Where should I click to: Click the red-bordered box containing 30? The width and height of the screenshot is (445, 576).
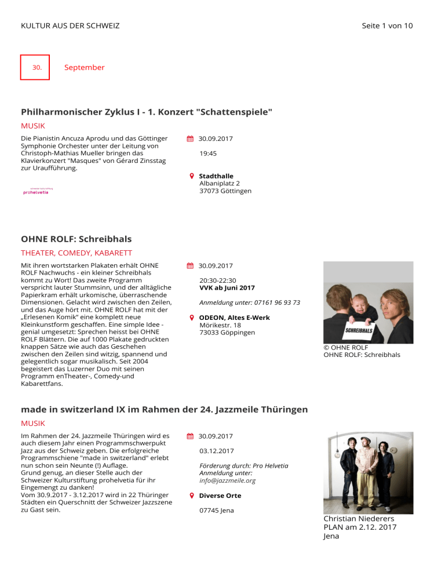[x=35, y=67]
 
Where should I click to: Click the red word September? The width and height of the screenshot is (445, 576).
[x=85, y=67]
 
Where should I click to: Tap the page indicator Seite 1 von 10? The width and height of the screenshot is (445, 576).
[x=386, y=25]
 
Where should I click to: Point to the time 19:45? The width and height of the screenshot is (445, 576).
[x=208, y=154]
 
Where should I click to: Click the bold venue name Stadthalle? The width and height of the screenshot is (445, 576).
[x=216, y=176]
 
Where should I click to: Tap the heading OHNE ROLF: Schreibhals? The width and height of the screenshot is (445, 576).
[x=76, y=239]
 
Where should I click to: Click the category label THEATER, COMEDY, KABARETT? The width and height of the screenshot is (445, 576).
[x=76, y=253]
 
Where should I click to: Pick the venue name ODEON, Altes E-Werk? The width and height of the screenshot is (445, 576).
[x=234, y=318]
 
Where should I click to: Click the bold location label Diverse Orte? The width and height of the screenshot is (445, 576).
[x=220, y=495]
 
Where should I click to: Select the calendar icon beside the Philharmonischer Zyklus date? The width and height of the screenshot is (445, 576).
[x=190, y=139]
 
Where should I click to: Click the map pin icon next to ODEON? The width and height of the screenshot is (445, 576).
[x=191, y=318]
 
